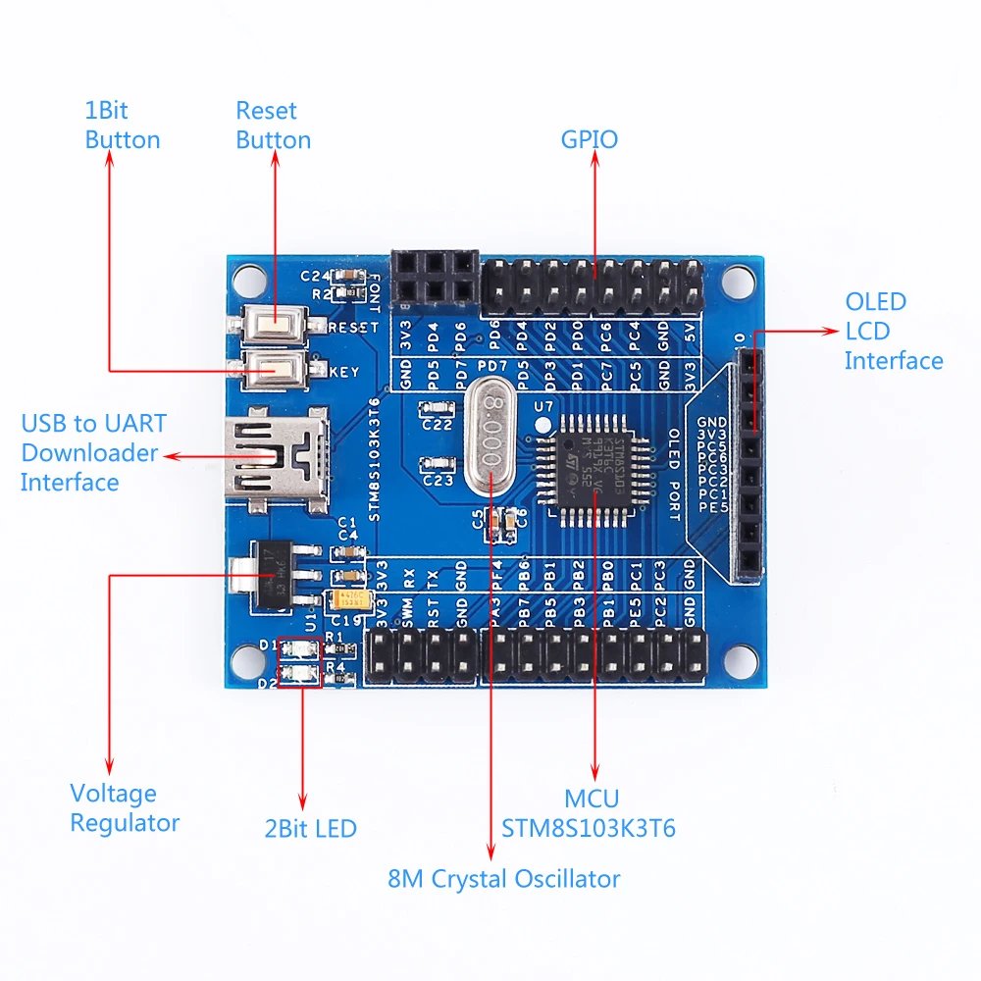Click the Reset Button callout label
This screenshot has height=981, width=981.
click(x=273, y=126)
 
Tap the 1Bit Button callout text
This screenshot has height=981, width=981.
click(x=122, y=126)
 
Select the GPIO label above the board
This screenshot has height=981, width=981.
click(x=590, y=139)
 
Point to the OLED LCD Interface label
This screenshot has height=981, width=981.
click(x=893, y=332)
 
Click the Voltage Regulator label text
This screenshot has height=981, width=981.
click(x=125, y=807)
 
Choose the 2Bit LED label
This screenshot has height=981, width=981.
click(x=309, y=829)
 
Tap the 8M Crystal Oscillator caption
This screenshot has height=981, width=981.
click(x=504, y=878)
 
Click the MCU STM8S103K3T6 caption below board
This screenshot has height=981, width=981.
click(x=589, y=814)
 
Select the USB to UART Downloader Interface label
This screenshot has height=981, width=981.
click(x=91, y=452)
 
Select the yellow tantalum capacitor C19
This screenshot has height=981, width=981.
click(x=350, y=599)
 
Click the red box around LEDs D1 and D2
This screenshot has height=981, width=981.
click(x=299, y=662)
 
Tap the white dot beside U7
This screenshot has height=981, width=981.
click(x=542, y=425)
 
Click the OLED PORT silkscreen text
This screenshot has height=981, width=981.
click(x=674, y=468)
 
